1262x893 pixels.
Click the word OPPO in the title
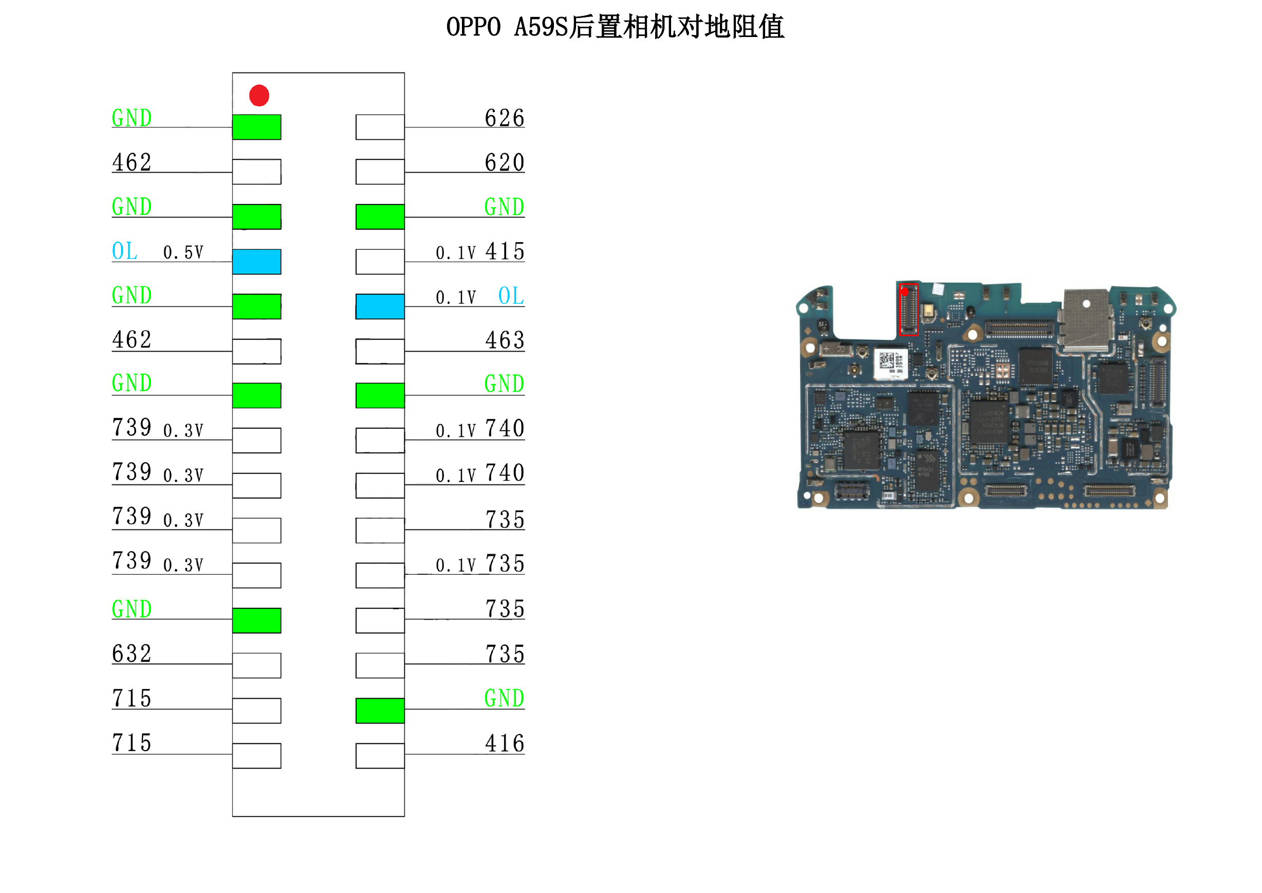(473, 27)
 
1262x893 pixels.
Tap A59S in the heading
(541, 27)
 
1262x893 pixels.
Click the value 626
(505, 118)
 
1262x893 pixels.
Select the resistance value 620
(505, 162)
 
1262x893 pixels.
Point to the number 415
(505, 251)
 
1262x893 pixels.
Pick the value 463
(505, 340)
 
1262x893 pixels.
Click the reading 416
(505, 743)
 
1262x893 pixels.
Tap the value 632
(132, 654)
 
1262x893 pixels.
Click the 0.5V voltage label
(183, 252)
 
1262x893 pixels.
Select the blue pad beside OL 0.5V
(257, 262)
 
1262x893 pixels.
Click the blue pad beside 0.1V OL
(380, 306)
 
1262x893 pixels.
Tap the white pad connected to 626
(380, 127)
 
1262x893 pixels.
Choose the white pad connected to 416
(380, 756)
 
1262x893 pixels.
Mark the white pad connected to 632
(257, 666)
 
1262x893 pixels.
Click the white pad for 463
(380, 351)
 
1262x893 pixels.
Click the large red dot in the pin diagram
(259, 95)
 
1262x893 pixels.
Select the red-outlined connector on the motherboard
(908, 309)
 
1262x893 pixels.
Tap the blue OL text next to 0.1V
(511, 296)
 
